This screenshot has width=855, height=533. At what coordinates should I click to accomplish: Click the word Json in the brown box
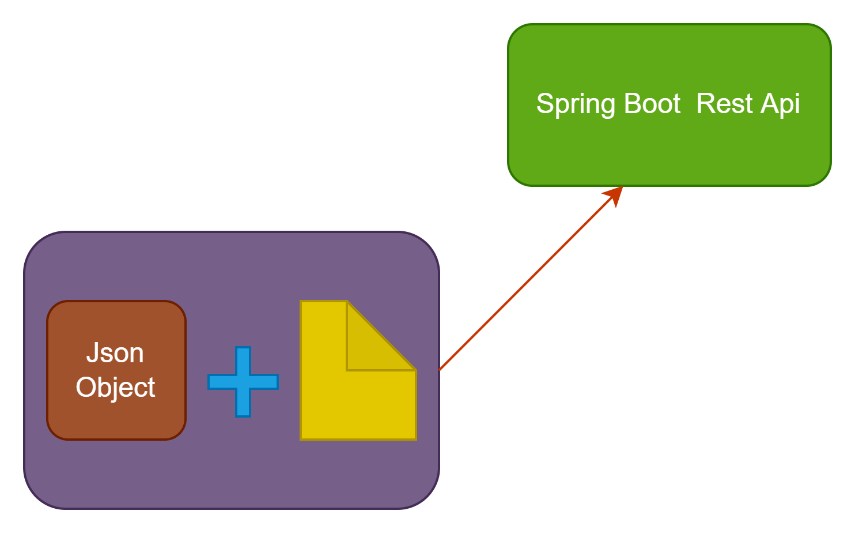tap(115, 353)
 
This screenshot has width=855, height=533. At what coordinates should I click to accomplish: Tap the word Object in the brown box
tap(115, 388)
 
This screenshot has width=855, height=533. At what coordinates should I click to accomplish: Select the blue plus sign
tap(243, 382)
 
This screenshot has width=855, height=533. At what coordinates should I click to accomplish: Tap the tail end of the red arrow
tap(441, 369)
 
